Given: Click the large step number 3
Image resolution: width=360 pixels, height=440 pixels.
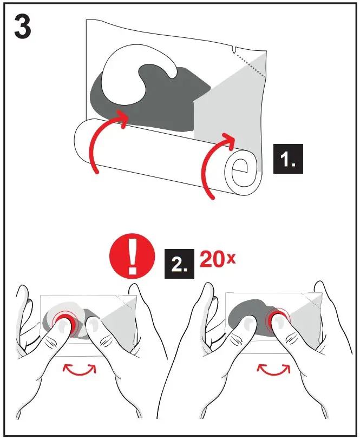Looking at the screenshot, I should click(22, 27).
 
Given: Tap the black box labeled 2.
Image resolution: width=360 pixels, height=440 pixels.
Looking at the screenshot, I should click(179, 264).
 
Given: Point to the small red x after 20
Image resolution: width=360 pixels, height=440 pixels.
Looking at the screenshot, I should click(231, 258).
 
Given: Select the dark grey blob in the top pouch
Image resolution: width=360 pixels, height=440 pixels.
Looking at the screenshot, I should click(162, 103).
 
